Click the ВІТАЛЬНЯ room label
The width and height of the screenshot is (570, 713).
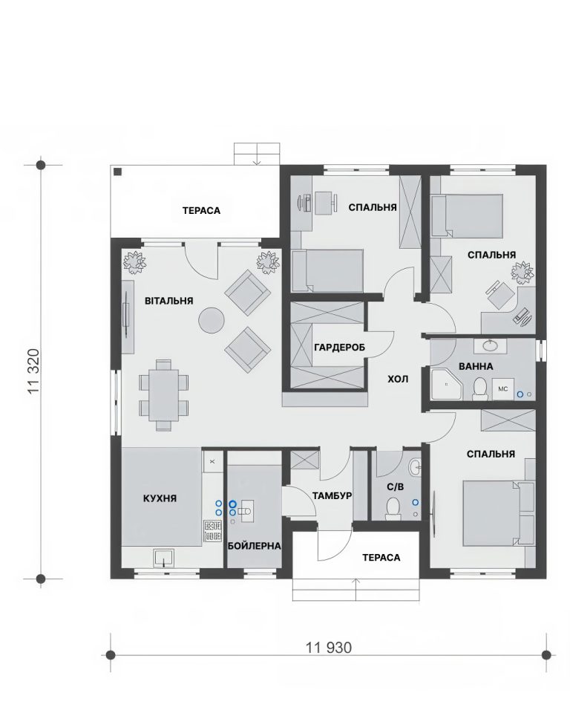169,301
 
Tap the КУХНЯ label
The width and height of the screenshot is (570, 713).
160,498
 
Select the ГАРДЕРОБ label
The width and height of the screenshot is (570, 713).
339,348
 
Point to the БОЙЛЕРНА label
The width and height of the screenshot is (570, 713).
255,546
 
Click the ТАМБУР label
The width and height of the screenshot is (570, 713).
332,495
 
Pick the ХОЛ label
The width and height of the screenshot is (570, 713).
398,379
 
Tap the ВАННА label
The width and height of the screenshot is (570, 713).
476,366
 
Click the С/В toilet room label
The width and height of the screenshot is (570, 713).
395,487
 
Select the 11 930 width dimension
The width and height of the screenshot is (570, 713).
329,647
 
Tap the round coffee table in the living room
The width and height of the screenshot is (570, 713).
212,321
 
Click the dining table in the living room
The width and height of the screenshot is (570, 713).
163,394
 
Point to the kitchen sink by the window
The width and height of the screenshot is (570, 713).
163,558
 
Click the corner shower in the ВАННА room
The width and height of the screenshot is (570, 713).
446,385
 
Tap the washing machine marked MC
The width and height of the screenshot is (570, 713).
503,388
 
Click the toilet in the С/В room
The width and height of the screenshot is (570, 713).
393,509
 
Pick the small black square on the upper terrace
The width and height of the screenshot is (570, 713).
118,172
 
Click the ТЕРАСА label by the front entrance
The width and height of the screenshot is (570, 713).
381,558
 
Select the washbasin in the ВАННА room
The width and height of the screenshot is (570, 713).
490,346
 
